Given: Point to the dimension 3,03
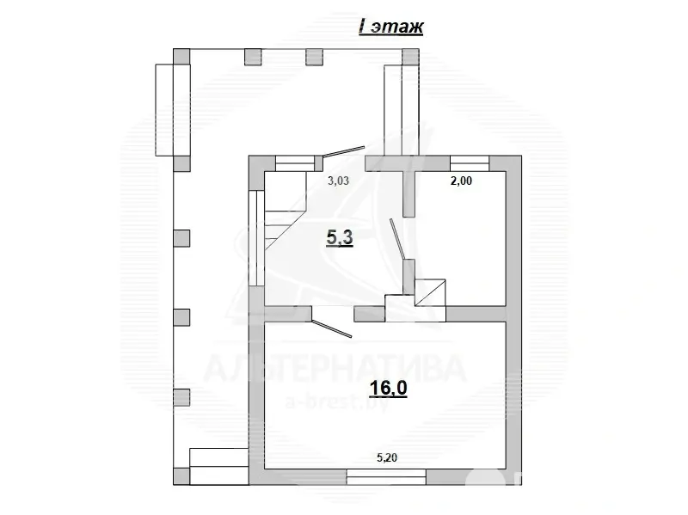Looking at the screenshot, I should tap(345, 181).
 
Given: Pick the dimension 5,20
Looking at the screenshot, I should tap(386, 458).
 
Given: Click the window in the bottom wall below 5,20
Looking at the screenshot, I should tap(386, 474).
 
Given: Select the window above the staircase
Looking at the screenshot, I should tap(294, 161).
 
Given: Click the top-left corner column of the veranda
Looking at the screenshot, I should tap(181, 55).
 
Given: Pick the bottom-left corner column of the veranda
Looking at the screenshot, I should tap(181, 475).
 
